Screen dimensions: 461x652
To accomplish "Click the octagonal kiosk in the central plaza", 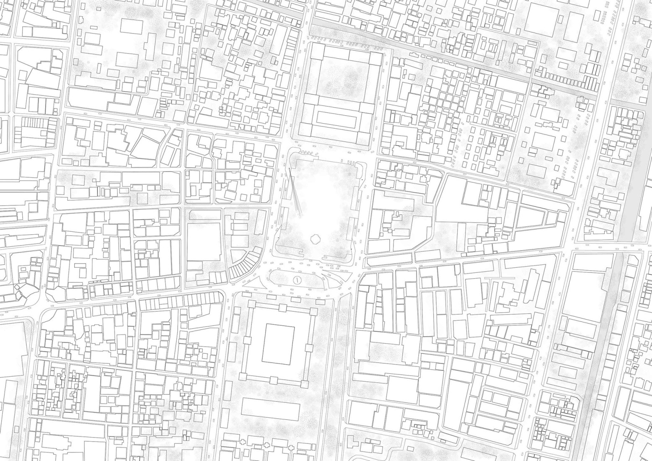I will [x=315, y=239].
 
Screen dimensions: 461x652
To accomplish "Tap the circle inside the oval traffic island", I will [x=298, y=280].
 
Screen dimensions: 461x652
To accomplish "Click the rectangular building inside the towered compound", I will [x=278, y=343].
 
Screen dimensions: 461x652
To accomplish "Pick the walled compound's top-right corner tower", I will [x=313, y=312].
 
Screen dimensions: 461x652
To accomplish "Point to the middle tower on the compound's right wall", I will [x=309, y=347].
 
